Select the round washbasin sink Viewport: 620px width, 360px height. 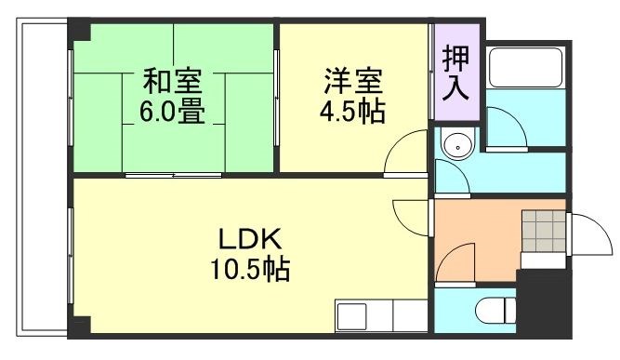[457, 146]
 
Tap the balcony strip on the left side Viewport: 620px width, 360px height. [37, 177]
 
